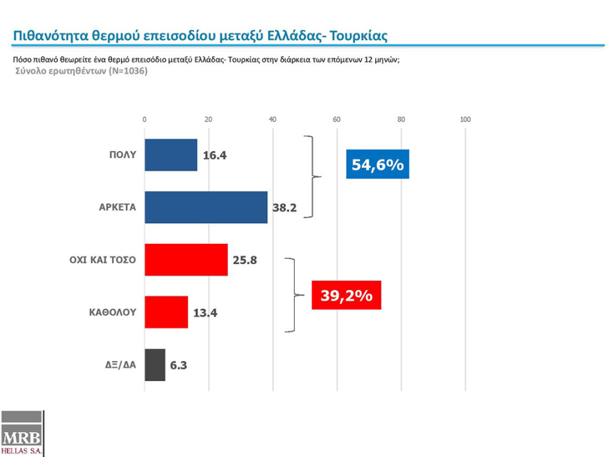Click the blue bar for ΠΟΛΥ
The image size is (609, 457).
tap(171, 155)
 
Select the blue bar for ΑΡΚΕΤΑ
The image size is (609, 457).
tap(206, 208)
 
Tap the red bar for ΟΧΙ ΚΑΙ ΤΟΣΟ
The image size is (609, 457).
tap(185, 260)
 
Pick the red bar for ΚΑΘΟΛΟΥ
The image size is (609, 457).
tap(166, 312)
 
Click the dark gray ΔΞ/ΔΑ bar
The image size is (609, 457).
tap(155, 365)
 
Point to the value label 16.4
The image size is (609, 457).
tap(215, 156)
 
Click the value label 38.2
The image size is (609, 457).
tap(284, 208)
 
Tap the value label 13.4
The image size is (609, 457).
tap(205, 313)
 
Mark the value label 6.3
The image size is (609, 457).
tap(179, 366)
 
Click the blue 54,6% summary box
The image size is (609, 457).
tap(378, 165)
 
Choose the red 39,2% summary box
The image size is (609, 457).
tap(346, 296)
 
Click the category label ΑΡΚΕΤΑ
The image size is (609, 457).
tap(118, 208)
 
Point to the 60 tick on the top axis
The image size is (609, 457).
tap(337, 120)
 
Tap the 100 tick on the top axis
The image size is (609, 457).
tap(465, 120)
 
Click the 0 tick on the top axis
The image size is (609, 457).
tap(145, 120)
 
